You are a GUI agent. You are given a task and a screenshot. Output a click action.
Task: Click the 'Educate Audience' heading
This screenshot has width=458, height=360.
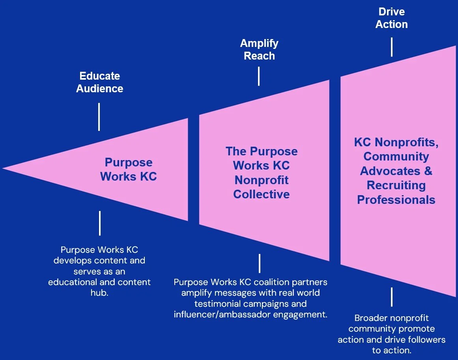[99, 82]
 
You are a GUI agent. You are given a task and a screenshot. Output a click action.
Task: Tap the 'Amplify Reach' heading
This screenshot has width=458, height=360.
[259, 49]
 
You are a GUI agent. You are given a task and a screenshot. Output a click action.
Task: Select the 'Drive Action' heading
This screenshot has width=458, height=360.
[391, 18]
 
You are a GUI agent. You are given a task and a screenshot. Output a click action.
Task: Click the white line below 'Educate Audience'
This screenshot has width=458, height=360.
[99, 117]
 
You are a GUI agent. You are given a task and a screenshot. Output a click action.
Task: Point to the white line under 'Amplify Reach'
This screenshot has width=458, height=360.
[259, 76]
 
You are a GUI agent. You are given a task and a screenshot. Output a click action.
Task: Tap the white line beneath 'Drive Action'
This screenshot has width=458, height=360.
[392, 47]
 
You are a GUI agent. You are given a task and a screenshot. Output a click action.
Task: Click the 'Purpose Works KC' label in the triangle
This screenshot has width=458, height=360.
[129, 169]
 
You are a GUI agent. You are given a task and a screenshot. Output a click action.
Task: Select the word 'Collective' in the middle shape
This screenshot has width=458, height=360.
[261, 194]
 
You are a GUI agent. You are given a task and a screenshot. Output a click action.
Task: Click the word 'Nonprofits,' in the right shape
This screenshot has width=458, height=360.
[413, 142]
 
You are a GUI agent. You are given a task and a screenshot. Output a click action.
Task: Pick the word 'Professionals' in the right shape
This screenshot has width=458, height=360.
[396, 200]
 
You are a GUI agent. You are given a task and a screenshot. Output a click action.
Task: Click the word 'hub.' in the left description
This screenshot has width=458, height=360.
[99, 293]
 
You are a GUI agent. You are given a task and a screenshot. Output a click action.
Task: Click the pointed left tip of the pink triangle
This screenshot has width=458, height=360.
[4, 168]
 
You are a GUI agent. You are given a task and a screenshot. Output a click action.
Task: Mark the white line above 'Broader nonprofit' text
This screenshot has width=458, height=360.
[392, 297]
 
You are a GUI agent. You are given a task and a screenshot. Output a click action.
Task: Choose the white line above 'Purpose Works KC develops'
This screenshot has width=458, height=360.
[100, 223]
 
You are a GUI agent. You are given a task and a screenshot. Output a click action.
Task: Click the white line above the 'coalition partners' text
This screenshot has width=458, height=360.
[260, 263]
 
